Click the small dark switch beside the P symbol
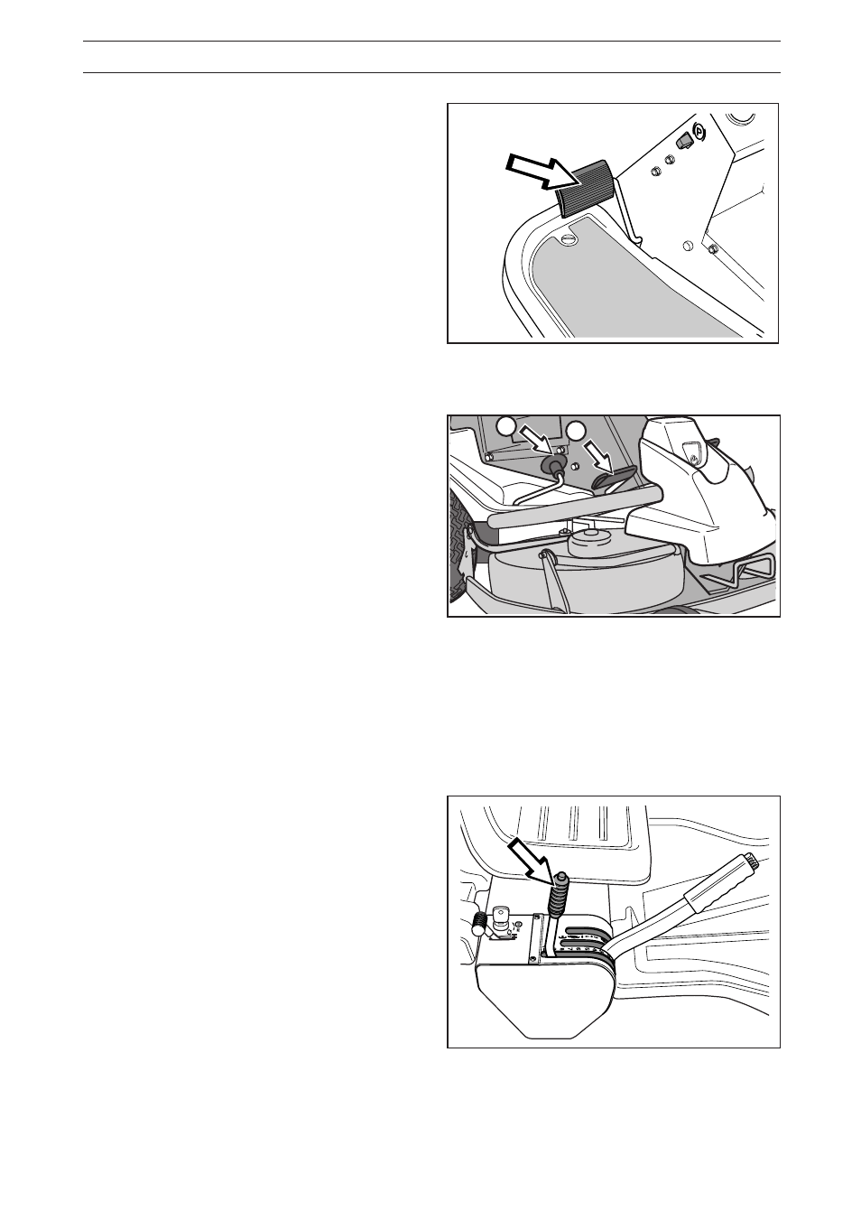click(683, 140)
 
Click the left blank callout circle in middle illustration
click(507, 424)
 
